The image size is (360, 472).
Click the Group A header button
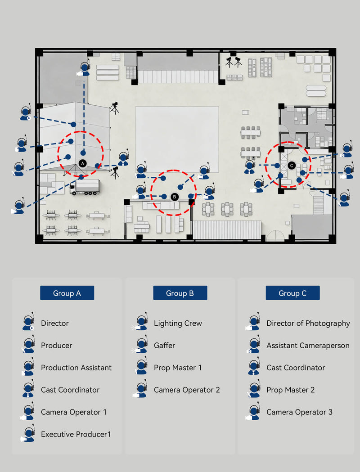[x=67, y=293]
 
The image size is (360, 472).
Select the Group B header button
[x=180, y=293]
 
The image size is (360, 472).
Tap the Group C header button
[x=292, y=293]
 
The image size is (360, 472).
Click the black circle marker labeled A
[x=82, y=163]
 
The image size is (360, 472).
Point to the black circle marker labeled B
[x=175, y=197]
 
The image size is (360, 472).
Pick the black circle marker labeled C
[x=291, y=166]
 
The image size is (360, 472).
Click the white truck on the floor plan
[x=85, y=187]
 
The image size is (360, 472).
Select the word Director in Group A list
[x=55, y=323]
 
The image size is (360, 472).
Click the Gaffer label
[x=164, y=345]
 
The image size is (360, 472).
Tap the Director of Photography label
[x=308, y=323]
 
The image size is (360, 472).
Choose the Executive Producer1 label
[x=76, y=434]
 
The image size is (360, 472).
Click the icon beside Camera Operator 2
[x=141, y=390]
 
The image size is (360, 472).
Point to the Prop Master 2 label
[x=290, y=390]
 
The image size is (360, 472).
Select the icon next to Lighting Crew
[x=141, y=324]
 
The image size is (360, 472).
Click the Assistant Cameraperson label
[x=308, y=345]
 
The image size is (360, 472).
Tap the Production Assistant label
[x=76, y=368]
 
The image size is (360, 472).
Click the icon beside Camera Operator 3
[x=253, y=412]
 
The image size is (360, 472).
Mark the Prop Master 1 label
[x=177, y=368]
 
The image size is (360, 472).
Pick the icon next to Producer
[x=28, y=346]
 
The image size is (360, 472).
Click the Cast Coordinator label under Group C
[x=296, y=368]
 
